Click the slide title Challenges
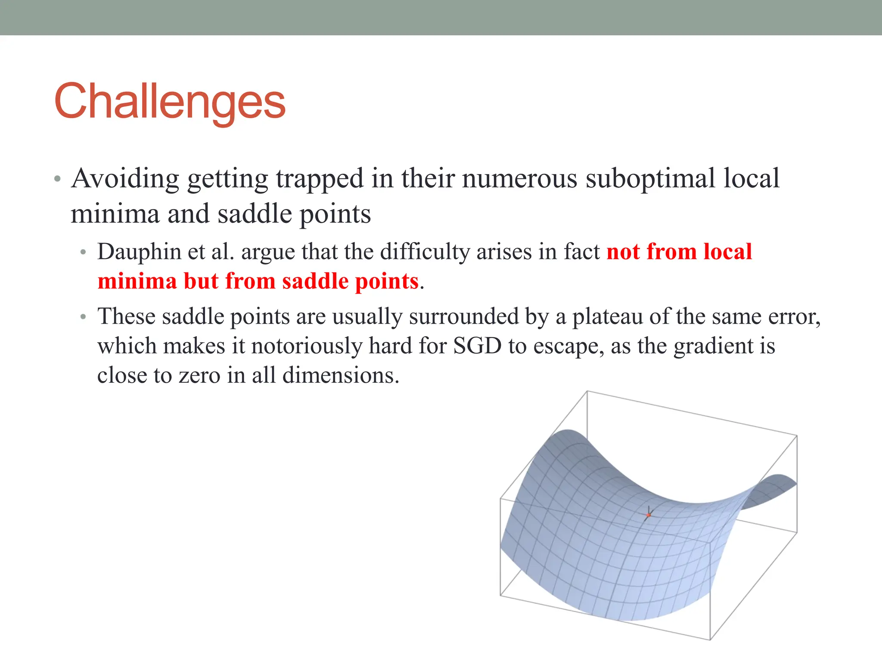click(x=170, y=102)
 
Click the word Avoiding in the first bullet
click(x=125, y=178)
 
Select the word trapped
click(x=320, y=178)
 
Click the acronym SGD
click(x=477, y=346)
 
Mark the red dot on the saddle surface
click(x=649, y=515)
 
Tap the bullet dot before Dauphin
click(x=84, y=253)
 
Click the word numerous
click(x=519, y=178)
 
